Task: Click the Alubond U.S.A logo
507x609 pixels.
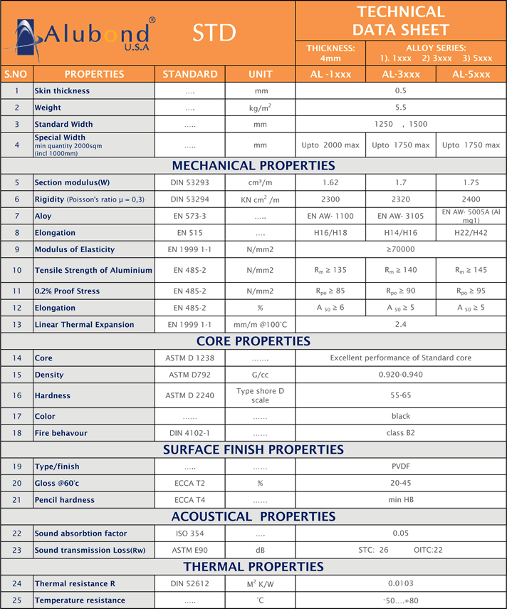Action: tap(78, 34)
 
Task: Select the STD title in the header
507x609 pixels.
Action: tap(214, 33)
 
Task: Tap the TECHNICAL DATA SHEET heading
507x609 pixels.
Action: tap(401, 21)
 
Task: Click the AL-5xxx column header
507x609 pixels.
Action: tap(471, 74)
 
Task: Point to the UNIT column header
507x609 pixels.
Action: tap(261, 74)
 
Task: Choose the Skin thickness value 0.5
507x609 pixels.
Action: tap(401, 91)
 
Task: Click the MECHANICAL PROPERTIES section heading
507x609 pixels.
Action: tap(254, 166)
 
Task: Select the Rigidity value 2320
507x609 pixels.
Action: tap(401, 199)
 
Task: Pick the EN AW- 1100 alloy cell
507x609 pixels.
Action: tap(330, 216)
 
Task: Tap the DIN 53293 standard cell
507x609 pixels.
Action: tap(190, 183)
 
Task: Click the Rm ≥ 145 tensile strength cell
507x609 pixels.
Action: tap(471, 270)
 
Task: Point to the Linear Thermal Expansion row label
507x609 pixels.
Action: tap(84, 325)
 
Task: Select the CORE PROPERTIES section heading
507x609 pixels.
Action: tap(254, 341)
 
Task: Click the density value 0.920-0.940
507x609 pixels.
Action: tap(401, 375)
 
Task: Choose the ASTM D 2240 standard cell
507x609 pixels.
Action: tap(190, 395)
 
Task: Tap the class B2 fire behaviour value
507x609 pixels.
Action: tap(401, 433)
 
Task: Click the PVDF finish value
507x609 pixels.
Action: tap(401, 467)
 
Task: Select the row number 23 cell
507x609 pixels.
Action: tap(16, 550)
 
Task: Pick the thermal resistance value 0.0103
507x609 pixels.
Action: tap(401, 584)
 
